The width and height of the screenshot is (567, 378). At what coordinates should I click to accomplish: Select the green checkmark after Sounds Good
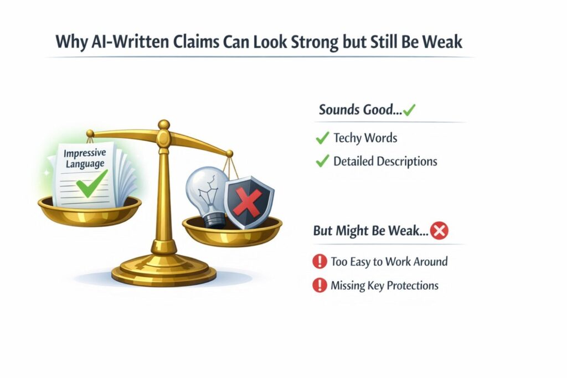[x=409, y=110]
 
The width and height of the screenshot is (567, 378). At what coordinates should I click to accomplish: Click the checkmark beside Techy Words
[x=322, y=138]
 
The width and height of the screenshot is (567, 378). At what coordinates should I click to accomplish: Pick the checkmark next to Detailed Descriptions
[x=322, y=161]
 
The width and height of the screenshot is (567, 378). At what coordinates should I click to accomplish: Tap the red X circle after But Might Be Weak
[x=439, y=231]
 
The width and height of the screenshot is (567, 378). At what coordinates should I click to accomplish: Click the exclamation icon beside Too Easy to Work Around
[x=319, y=261]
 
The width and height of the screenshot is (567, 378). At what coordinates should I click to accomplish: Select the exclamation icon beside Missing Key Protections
[x=319, y=285]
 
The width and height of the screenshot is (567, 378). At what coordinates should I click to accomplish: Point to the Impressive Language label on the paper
[x=85, y=159]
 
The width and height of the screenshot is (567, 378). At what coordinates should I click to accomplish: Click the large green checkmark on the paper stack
[x=91, y=184]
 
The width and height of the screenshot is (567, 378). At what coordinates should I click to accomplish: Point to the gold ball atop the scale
[x=164, y=125]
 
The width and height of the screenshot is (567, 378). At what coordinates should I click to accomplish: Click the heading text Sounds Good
[x=360, y=110]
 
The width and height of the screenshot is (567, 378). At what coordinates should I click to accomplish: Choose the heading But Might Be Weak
[x=371, y=231]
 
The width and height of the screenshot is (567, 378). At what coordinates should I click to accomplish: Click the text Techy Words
[x=365, y=138]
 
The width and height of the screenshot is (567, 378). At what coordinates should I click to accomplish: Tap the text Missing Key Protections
[x=384, y=286]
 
